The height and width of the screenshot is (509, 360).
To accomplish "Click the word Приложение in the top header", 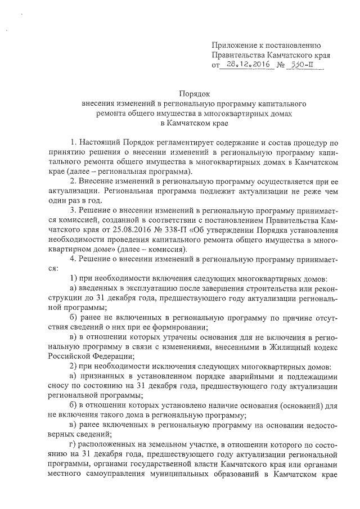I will pyautogui.click(x=233, y=45).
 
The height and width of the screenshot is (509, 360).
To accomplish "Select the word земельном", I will pyautogui.click(x=147, y=444).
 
